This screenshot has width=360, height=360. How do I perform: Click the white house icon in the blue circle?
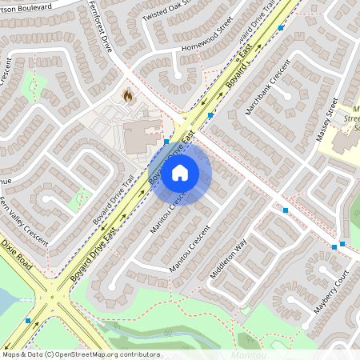(180, 172)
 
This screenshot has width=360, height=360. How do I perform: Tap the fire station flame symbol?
(127, 94)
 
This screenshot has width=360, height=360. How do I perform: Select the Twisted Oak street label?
(168, 11)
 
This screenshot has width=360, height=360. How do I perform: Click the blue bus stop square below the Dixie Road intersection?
(29, 320)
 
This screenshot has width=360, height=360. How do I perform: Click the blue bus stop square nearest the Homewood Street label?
(281, 28)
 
